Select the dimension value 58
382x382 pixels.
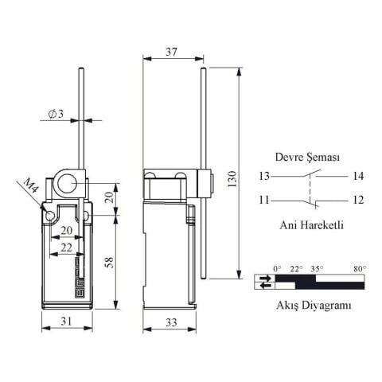(x=109, y=263)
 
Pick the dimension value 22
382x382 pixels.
(x=66, y=248)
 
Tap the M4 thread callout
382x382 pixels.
(x=30, y=189)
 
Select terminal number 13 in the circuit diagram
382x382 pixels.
(x=264, y=176)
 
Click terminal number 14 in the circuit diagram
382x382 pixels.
(x=357, y=176)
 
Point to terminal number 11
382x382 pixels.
(x=264, y=200)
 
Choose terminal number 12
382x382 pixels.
(x=357, y=200)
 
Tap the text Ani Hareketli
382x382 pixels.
(x=311, y=224)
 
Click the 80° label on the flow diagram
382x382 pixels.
(x=360, y=269)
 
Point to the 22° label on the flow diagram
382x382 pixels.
(x=296, y=269)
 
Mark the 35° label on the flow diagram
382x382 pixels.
(x=317, y=269)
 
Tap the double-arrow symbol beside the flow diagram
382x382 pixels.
(x=263, y=282)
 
